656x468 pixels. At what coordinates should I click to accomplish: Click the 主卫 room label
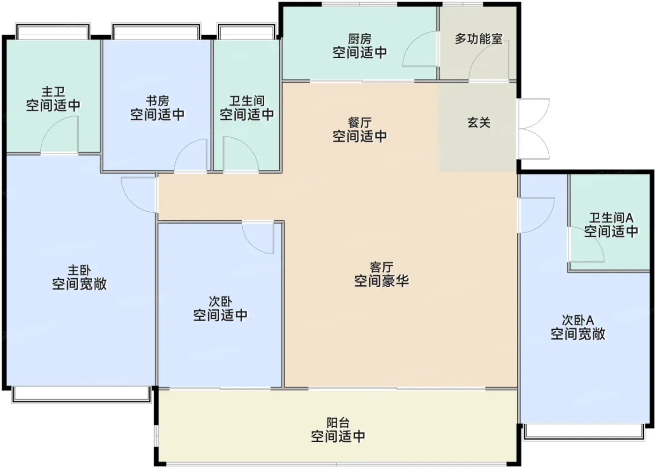click(x=53, y=92)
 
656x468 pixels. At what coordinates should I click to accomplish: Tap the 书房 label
click(x=157, y=101)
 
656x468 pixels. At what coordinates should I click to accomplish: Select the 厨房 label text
click(x=360, y=39)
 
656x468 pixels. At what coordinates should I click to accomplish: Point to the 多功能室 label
click(x=478, y=39)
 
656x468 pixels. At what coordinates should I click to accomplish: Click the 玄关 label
click(x=479, y=122)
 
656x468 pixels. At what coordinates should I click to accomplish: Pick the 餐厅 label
click(x=360, y=123)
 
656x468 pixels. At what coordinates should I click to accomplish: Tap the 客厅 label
click(x=381, y=267)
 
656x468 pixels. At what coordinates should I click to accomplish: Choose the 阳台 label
click(x=338, y=423)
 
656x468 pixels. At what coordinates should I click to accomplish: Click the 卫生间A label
click(x=611, y=218)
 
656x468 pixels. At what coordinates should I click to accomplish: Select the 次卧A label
click(x=578, y=320)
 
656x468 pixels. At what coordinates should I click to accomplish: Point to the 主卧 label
click(x=79, y=270)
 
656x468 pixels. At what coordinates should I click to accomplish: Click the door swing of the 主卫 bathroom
click(x=60, y=135)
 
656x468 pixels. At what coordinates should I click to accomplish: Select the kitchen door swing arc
click(x=420, y=49)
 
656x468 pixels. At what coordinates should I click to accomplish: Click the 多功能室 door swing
click(x=488, y=61)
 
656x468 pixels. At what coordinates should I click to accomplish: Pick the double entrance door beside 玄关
click(x=534, y=129)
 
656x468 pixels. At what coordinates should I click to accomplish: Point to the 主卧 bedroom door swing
click(x=139, y=195)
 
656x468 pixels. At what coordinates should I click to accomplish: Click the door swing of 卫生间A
click(x=586, y=244)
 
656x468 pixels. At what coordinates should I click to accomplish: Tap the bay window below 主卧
click(x=82, y=395)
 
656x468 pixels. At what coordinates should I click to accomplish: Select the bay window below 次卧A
click(x=584, y=432)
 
